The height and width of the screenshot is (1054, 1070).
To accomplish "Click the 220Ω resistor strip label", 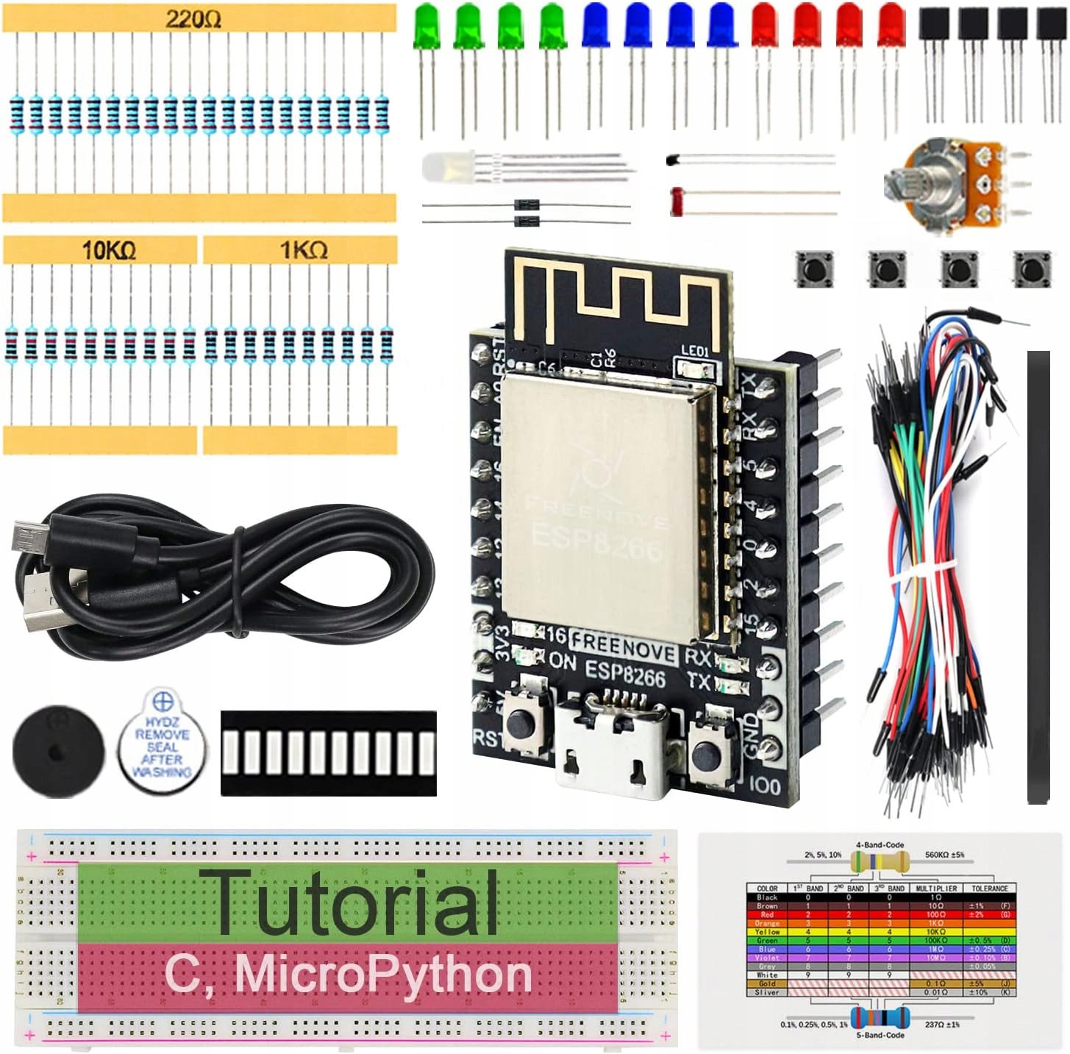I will (193, 18).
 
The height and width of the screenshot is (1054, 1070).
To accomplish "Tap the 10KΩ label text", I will (109, 251).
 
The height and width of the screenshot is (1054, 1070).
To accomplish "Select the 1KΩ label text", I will (303, 251).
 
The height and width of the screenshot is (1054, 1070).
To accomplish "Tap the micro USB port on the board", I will (612, 750).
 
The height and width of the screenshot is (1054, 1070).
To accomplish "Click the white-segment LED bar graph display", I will (328, 752).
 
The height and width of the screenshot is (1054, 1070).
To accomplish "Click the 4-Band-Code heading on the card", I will (880, 845).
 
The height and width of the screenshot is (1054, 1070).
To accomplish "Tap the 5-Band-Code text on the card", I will (880, 1035).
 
